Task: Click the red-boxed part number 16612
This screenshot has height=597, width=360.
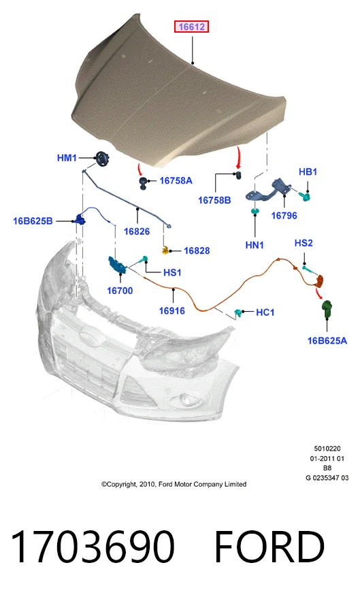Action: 191,27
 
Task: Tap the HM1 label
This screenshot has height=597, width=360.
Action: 67,158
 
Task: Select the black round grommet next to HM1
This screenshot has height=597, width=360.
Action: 102,159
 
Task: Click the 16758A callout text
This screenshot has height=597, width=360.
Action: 176,180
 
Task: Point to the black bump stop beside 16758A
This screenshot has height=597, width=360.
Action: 144,182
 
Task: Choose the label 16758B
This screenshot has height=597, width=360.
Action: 214,200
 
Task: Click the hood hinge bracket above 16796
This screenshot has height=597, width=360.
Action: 268,190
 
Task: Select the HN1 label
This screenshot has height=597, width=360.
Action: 255,245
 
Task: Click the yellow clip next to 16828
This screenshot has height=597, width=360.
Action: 165,250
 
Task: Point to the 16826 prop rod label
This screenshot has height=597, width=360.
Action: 137,231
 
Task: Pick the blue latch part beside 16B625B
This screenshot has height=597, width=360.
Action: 80,220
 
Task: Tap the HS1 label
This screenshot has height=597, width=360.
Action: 172,272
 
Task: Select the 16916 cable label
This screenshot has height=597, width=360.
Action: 172,310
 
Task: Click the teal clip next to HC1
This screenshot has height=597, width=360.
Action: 239,313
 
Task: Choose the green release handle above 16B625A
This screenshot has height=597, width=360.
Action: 327,308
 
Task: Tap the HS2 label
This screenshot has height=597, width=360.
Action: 304,243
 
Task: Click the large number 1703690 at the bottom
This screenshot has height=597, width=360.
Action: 93,547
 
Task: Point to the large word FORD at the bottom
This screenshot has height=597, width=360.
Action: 269,547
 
